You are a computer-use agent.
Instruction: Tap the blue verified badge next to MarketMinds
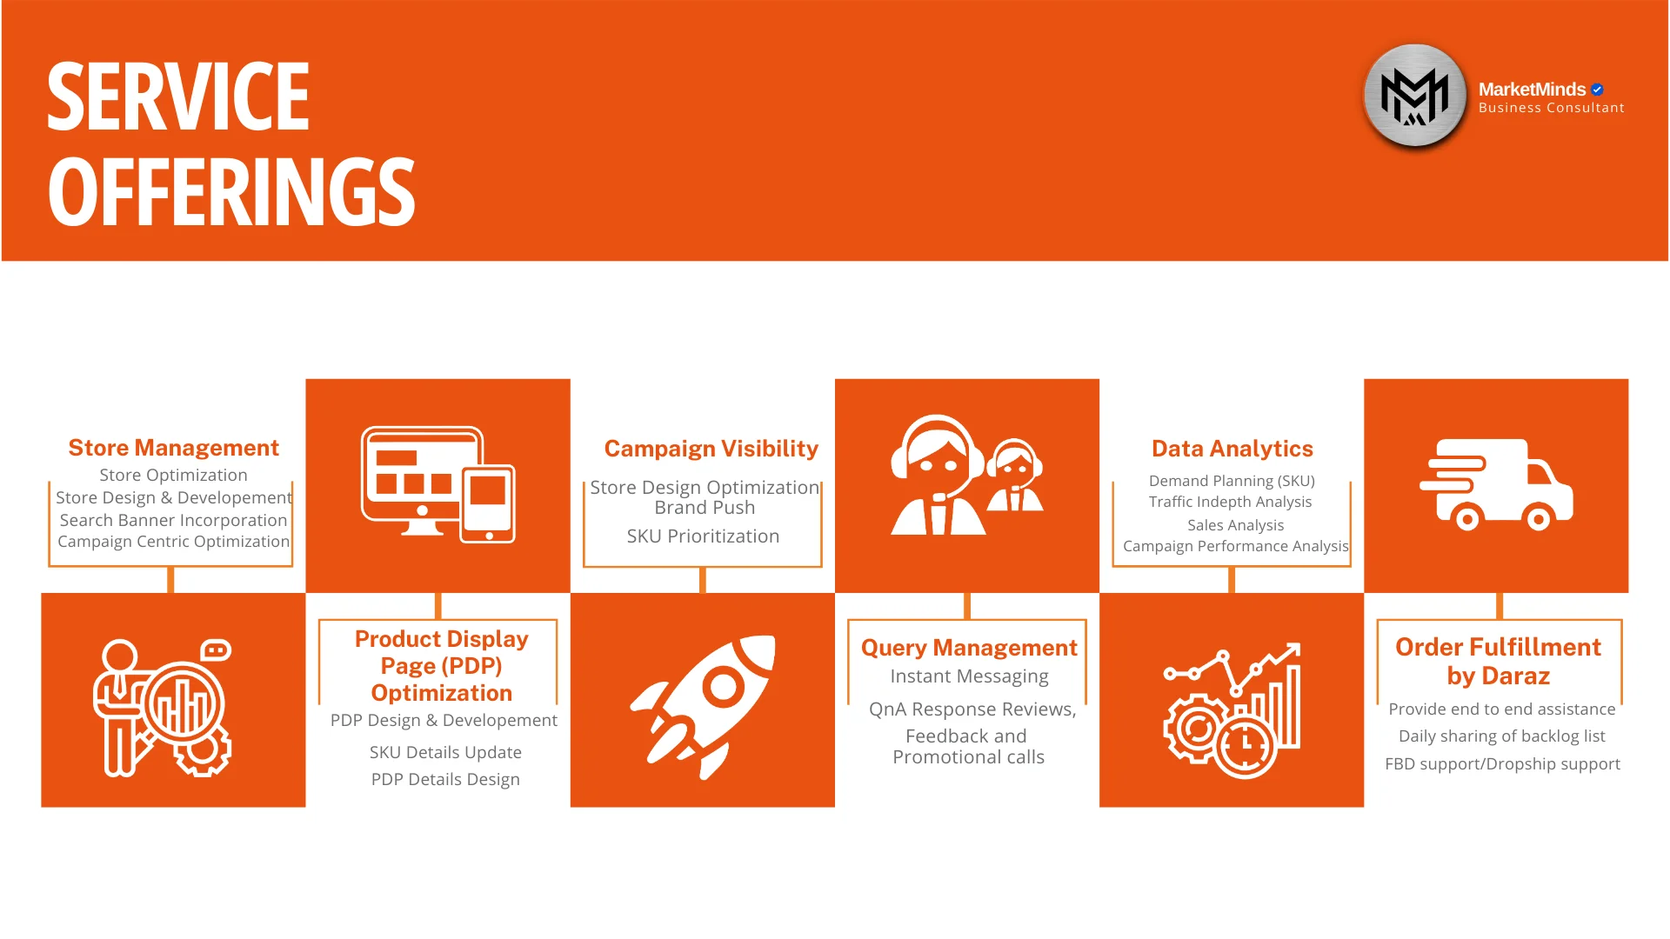pos(1597,90)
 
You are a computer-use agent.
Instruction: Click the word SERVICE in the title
pos(178,97)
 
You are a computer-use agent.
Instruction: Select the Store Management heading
pos(174,448)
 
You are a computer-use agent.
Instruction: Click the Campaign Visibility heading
pos(711,449)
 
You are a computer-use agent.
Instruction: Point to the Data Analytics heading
pos(1232,449)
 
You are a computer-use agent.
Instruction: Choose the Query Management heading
pos(969,648)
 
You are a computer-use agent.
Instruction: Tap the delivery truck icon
pos(1496,484)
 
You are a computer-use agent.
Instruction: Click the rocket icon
pos(703,706)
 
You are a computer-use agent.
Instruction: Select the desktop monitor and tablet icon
pos(438,484)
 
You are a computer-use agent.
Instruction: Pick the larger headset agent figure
pos(937,475)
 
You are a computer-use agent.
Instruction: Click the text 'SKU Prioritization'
pos(703,536)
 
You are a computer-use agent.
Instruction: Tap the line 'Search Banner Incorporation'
pos(173,520)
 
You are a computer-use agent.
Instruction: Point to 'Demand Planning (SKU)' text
pos(1232,481)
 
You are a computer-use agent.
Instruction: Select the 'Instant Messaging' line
pos(969,676)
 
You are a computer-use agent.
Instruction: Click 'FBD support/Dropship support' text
pos(1502,764)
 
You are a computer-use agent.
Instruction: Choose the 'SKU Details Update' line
pos(445,752)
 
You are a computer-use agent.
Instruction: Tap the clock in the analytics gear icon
pos(1245,746)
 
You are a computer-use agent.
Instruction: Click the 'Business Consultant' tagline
pos(1551,108)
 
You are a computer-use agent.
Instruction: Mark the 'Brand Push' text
pos(705,508)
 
